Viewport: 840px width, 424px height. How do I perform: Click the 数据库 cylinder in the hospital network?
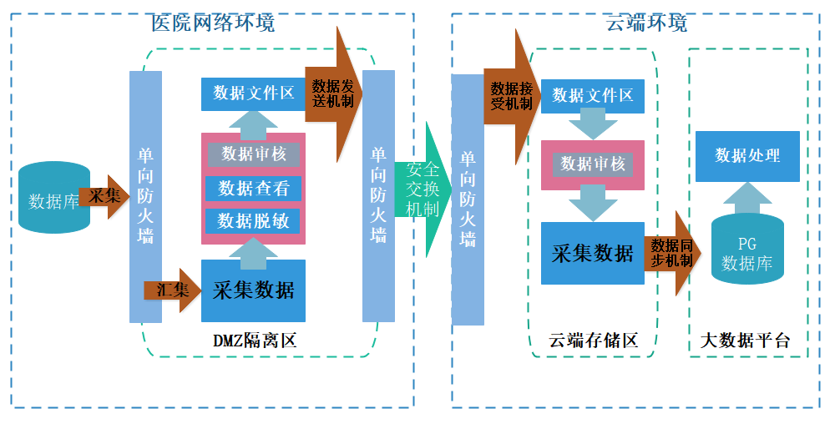coord(54,201)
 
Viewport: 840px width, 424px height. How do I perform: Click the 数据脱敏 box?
coord(253,220)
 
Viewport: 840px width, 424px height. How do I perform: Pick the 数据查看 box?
coord(253,189)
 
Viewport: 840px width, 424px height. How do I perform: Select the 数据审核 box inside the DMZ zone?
coord(253,154)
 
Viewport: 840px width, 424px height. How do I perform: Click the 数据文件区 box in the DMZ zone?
coord(253,93)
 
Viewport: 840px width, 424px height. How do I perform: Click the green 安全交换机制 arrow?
coord(423,189)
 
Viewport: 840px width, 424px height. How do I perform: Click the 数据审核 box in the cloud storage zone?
coord(592,164)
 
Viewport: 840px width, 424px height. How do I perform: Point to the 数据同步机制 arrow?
coord(671,253)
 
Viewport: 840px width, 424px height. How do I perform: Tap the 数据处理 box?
coord(747,156)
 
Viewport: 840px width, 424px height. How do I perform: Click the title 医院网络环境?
coord(213,23)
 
